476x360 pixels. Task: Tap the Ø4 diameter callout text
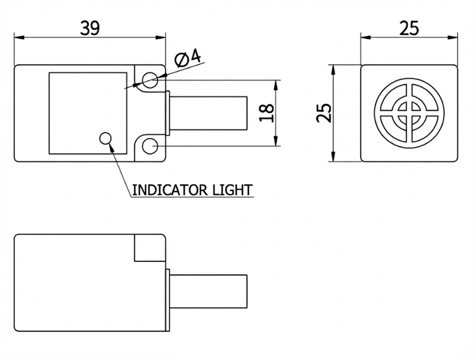(x=188, y=58)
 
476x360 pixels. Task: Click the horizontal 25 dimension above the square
(x=409, y=29)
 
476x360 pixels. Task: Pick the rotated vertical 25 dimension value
(x=324, y=113)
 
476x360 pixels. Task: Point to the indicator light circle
(x=106, y=138)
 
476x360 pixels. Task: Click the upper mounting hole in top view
(x=150, y=80)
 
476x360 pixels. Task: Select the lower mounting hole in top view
(x=150, y=147)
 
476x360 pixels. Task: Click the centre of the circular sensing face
(x=409, y=113)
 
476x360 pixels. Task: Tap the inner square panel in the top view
(x=88, y=113)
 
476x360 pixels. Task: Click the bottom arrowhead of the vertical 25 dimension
(x=333, y=158)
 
